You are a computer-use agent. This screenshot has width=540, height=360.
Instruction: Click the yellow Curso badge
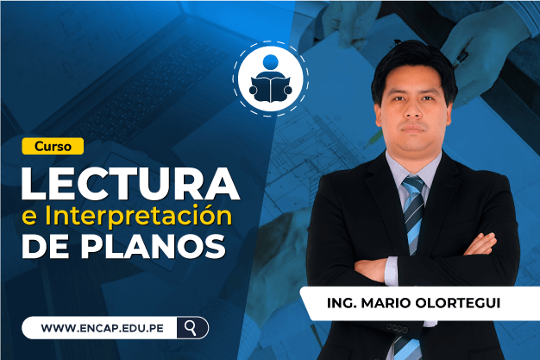tap(53, 146)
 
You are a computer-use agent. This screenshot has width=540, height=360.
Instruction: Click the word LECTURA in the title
tap(130, 184)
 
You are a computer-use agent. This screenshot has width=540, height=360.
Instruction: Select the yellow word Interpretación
tap(138, 216)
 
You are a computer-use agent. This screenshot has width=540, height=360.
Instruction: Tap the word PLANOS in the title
tap(154, 246)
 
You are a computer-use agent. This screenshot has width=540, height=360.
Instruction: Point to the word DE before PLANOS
tap(45, 246)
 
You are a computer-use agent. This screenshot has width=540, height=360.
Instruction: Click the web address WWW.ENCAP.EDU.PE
tap(103, 328)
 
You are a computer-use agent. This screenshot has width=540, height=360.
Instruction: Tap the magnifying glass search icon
tap(190, 327)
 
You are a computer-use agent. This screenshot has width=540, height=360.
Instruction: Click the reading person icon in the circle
tap(271, 79)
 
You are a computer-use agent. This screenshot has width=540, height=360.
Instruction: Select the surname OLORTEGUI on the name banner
tap(458, 303)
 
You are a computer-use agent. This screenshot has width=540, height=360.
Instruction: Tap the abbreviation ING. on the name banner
tap(342, 303)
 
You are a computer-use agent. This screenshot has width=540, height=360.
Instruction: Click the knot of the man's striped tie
tap(413, 185)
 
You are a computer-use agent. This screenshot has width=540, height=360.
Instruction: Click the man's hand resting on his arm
tap(480, 243)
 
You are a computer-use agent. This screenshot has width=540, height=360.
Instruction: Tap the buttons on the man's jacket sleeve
tap(397, 328)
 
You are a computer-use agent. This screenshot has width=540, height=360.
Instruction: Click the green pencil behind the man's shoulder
tap(374, 139)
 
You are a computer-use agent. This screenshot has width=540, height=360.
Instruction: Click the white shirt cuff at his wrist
tap(392, 271)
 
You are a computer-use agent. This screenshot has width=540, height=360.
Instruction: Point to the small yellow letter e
tap(29, 218)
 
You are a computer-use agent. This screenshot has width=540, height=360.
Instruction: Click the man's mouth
tap(413, 129)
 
